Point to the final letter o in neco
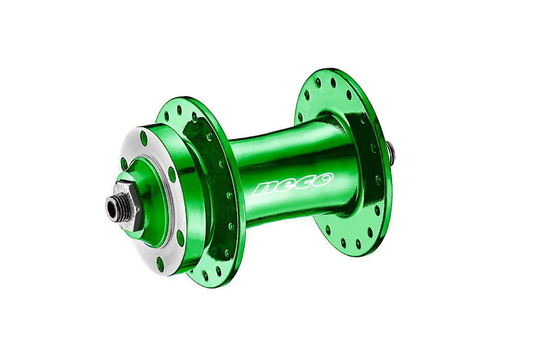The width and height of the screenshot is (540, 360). pos(323,178)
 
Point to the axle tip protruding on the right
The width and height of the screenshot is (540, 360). pos(392,150)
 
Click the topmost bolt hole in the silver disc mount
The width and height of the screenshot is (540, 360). pos(143,137)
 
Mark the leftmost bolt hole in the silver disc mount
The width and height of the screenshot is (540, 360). pos(124,163)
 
